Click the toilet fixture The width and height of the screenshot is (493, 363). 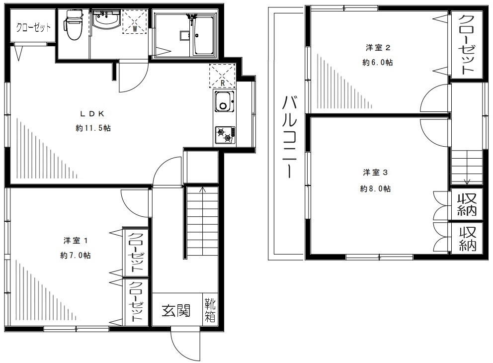[x=73, y=25]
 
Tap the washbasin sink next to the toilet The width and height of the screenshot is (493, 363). [x=106, y=21]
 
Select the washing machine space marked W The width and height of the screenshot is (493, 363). [x=135, y=21]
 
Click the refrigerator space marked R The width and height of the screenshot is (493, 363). [x=222, y=76]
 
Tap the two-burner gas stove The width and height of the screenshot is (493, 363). [x=225, y=135]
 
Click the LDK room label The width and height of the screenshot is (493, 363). [x=92, y=113]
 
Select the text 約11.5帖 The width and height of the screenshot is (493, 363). [x=93, y=128]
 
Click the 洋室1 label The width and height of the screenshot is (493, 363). [x=76, y=241]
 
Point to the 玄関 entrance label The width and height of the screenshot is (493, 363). [x=176, y=311]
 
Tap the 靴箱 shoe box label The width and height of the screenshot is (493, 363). [x=210, y=310]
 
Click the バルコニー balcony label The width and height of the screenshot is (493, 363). [x=289, y=137]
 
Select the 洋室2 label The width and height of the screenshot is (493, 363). [x=378, y=48]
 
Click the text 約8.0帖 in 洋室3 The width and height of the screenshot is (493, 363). [x=375, y=189]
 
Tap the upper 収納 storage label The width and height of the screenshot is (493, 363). [x=467, y=204]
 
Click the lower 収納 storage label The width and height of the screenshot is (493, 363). [x=468, y=239]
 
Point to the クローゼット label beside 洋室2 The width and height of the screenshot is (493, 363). [x=466, y=45]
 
